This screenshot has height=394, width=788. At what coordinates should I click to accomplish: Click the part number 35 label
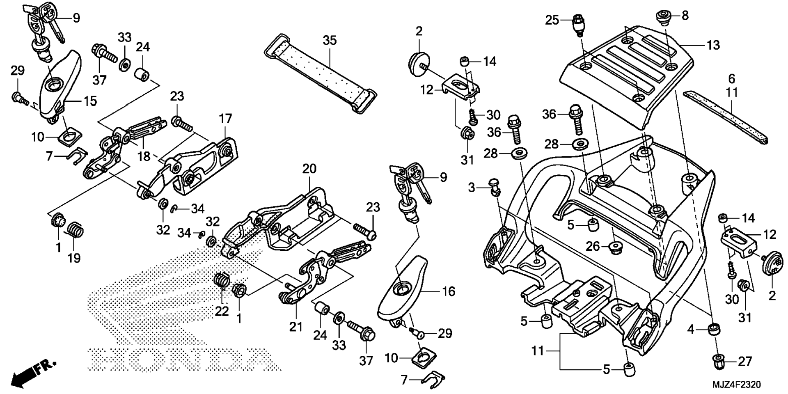point(330,40)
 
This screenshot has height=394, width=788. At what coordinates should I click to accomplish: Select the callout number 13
point(713,45)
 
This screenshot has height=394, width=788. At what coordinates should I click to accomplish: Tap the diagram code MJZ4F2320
point(736,385)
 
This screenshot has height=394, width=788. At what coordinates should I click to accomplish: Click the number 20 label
point(310,169)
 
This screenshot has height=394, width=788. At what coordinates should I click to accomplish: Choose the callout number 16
point(449,291)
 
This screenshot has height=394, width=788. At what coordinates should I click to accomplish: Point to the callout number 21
point(295,327)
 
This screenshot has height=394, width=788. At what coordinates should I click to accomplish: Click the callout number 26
point(593,246)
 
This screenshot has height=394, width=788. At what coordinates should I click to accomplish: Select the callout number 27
point(744,361)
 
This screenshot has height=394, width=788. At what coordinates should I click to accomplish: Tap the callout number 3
point(472,188)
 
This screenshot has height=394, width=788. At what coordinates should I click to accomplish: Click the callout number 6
point(732,78)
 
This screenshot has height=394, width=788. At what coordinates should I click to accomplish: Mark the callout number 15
point(90,101)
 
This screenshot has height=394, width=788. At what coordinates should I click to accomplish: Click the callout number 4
point(691,329)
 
